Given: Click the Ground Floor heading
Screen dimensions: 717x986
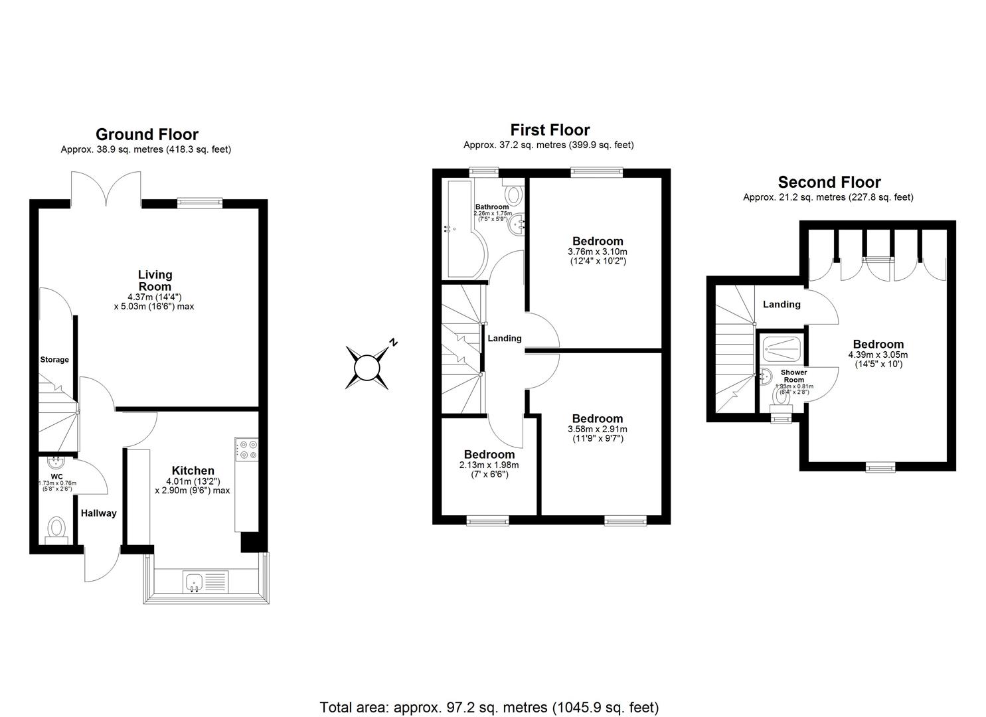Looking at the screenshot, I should (147, 135).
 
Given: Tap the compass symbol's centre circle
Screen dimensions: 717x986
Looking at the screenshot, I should (366, 367).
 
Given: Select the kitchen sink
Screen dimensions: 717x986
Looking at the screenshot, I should (195, 582).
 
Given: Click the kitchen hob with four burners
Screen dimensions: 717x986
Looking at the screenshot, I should (247, 449).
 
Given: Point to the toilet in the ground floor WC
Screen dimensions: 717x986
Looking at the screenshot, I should (56, 530).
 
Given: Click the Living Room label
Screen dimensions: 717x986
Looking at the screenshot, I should (155, 280).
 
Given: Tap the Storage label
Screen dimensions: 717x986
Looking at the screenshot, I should (54, 360).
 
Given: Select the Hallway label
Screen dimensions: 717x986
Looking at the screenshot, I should (99, 513).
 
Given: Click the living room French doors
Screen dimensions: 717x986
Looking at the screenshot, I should (106, 187).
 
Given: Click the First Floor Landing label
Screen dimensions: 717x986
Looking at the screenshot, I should (505, 339).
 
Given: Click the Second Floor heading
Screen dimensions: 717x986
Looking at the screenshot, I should (829, 182).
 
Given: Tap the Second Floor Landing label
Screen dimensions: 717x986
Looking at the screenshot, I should (781, 304).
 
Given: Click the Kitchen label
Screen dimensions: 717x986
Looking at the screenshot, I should (193, 471).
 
